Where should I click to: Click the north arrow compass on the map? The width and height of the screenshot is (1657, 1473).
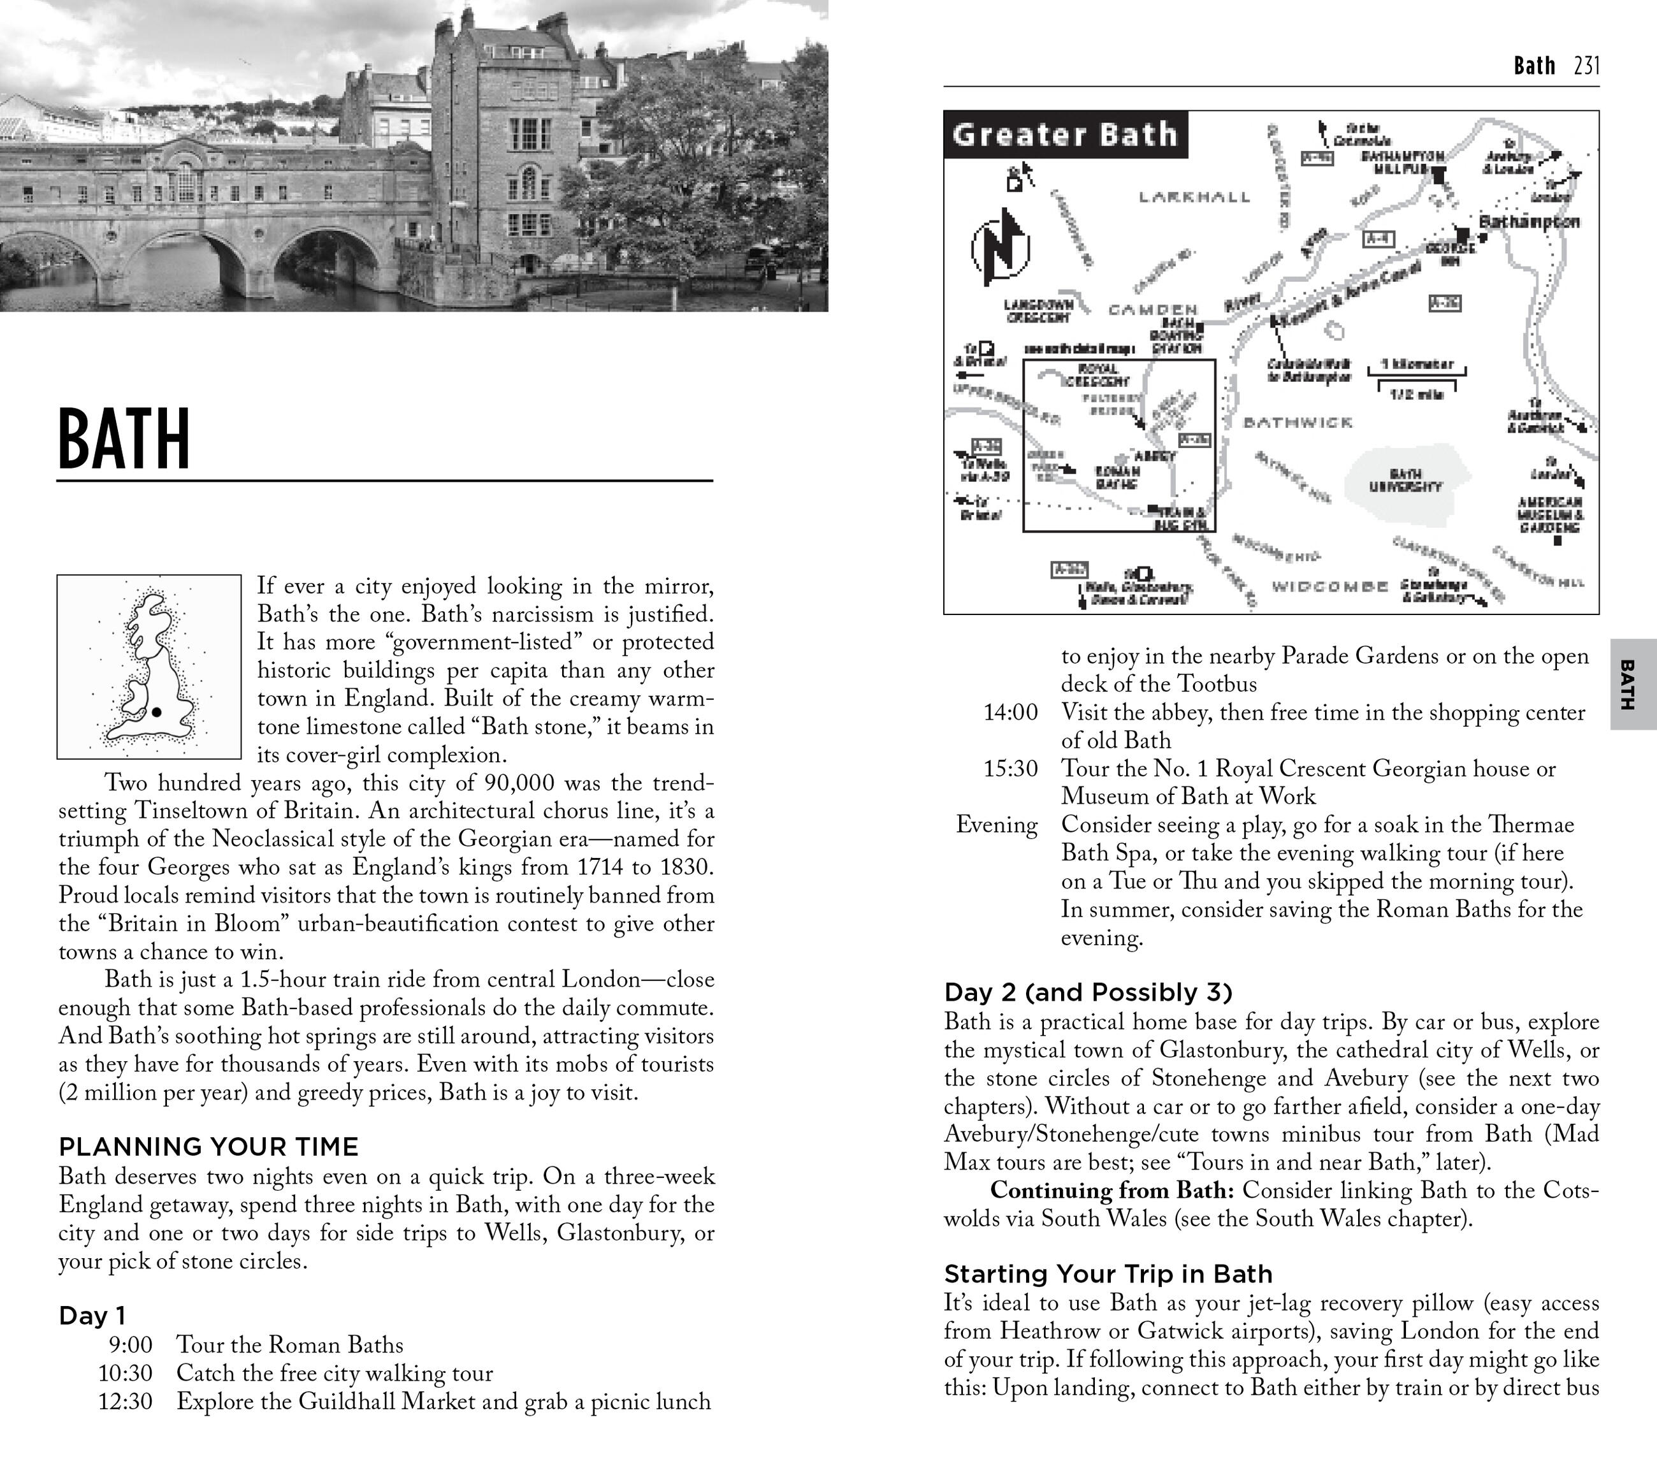[x=1001, y=247]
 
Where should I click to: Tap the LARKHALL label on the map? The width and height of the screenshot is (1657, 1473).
[x=1194, y=196]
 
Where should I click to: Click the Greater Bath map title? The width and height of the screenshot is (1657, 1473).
[x=1064, y=134]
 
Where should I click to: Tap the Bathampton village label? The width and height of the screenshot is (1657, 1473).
[x=1529, y=221]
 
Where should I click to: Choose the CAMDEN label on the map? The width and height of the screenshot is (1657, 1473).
[x=1153, y=310]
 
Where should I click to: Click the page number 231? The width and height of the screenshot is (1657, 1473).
[x=1586, y=66]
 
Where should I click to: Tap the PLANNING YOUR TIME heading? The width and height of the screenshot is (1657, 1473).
[x=208, y=1146]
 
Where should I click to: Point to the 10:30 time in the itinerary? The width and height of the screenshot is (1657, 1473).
[x=126, y=1372]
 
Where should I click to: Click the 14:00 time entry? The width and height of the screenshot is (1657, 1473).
[x=1010, y=712]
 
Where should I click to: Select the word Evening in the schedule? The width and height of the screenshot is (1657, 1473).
[x=996, y=824]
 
